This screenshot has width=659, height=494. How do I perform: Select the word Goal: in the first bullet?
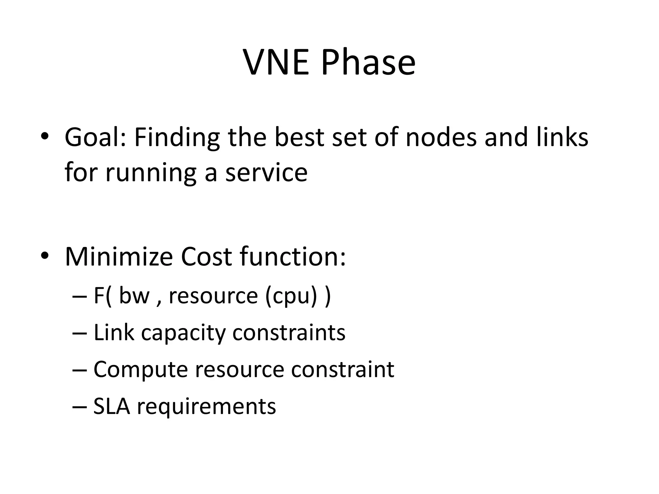96,138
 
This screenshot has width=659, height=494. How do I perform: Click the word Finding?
177,138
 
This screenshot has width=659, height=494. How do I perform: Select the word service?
266,173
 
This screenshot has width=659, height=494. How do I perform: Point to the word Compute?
141,370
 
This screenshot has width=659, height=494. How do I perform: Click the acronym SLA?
111,406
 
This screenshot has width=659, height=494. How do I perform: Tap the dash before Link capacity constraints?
79,333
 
